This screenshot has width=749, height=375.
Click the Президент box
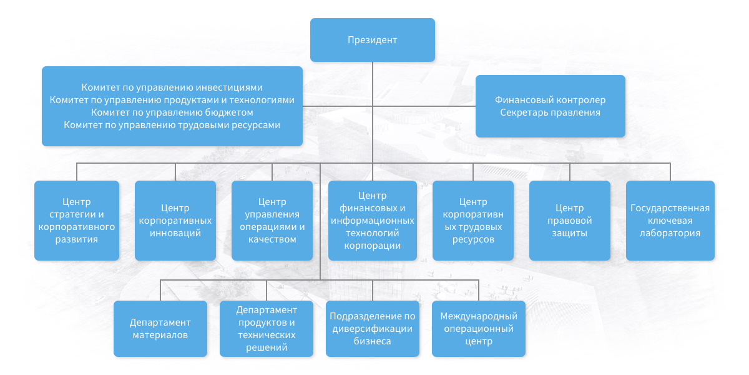(373, 40)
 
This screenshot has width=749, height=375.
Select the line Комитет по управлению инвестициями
(172, 87)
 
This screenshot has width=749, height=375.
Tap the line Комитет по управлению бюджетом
(172, 112)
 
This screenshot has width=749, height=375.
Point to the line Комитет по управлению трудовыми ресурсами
(172, 125)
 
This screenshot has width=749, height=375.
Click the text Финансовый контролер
(551, 100)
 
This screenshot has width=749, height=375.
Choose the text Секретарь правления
(551, 112)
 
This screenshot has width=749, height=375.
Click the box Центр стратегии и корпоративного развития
(77, 221)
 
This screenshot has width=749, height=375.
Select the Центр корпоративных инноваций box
(175, 221)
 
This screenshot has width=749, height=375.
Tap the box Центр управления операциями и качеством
(272, 221)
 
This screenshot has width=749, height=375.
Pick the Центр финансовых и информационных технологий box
(373, 221)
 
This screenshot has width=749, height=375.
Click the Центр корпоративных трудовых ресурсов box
(473, 221)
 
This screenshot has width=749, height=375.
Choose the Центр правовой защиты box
(570, 221)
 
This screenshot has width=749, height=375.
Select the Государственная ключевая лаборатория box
(670, 221)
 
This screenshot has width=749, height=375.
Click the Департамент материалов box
(160, 329)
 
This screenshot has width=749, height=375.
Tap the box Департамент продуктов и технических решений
(267, 329)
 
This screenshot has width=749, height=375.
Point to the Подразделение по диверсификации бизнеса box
(373, 329)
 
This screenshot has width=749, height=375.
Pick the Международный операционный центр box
(479, 329)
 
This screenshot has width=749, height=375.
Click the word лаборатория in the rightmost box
(670, 233)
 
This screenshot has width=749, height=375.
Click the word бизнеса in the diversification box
(373, 341)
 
